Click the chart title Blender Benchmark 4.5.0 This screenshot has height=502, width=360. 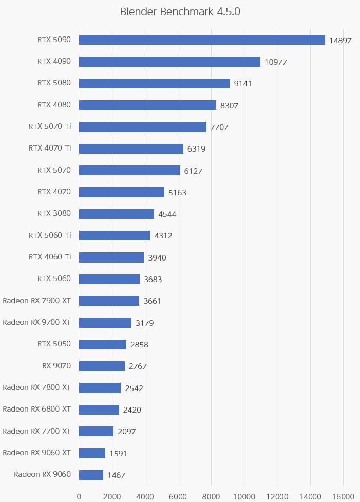[180, 12]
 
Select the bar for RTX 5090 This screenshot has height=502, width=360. [202, 40]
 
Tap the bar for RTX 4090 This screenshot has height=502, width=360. [169, 62]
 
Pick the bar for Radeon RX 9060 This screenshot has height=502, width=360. [91, 475]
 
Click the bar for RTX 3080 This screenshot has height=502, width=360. [117, 214]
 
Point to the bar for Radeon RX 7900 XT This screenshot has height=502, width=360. [109, 301]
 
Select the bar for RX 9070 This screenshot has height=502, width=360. [102, 366]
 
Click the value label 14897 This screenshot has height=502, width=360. [340, 40]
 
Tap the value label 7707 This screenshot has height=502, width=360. [219, 127]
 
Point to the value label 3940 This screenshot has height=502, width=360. [157, 257]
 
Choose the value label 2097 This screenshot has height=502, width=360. [127, 432]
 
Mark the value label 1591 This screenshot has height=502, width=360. [118, 453]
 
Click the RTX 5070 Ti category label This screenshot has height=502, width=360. [50, 126]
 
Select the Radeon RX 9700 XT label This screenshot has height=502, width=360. [36, 322]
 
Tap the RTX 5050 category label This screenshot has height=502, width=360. [54, 344]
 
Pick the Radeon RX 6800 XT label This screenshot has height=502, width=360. [36, 409]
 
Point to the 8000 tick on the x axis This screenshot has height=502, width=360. [211, 496]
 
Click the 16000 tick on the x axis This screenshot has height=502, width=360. [343, 496]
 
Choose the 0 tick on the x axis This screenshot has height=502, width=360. [79, 496]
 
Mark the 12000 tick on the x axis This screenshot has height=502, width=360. [277, 496]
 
